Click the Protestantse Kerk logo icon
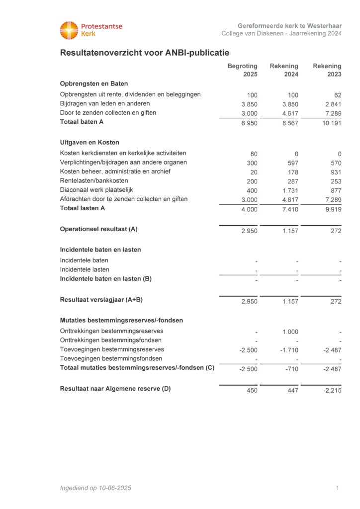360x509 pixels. [x=69, y=30]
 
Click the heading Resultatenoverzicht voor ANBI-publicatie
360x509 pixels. [x=144, y=53]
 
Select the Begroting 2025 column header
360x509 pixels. [x=243, y=70]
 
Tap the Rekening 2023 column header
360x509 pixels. [x=327, y=70]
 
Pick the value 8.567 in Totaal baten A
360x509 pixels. [x=289, y=123]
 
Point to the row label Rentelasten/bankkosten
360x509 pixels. [x=94, y=180]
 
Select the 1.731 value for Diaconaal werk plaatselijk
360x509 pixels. [x=289, y=190]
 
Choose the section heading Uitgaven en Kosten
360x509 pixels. [x=90, y=143]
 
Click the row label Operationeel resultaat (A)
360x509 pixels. [x=98, y=229]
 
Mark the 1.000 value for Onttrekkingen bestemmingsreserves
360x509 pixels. [x=289, y=332]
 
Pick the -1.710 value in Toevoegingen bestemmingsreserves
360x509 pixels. [x=288, y=350]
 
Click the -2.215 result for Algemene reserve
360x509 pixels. [x=332, y=391]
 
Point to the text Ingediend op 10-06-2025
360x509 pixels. [x=95, y=488]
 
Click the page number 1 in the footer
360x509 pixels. [x=338, y=488]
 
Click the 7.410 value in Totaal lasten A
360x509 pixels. [x=289, y=209]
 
